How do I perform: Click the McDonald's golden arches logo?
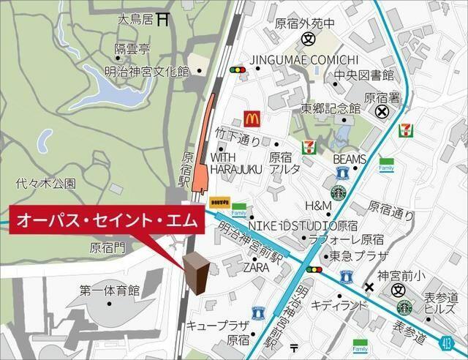(x=252, y=118)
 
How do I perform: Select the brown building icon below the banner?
(x=197, y=272)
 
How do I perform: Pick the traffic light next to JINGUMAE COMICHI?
(x=237, y=70)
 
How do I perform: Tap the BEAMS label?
(x=349, y=158)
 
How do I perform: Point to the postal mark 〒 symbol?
(x=294, y=347)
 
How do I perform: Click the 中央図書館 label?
(x=364, y=75)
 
